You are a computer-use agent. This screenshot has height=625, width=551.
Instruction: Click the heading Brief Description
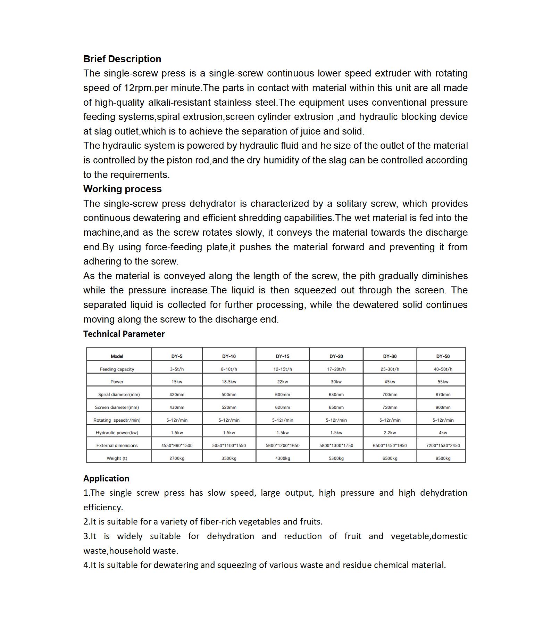click(122, 59)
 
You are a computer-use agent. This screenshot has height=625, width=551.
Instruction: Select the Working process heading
click(123, 189)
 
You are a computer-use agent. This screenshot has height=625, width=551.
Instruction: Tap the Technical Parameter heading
click(124, 334)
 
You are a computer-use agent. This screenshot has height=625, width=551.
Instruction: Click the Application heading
click(106, 479)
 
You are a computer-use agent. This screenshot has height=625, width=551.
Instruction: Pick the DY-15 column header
click(283, 356)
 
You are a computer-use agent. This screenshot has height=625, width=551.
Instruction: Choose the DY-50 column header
click(443, 356)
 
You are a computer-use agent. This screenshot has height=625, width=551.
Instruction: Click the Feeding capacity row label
click(117, 369)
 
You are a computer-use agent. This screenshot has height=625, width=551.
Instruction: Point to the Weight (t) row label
click(117, 458)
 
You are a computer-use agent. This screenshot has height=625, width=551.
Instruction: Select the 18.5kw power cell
click(229, 382)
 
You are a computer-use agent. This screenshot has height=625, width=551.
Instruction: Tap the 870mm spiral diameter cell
click(443, 395)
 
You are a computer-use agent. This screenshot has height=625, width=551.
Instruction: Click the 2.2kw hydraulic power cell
click(390, 433)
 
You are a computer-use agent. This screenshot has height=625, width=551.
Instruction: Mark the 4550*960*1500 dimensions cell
click(177, 445)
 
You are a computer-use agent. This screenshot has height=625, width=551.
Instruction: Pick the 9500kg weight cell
click(443, 458)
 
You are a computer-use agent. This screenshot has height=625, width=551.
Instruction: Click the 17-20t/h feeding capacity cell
click(336, 369)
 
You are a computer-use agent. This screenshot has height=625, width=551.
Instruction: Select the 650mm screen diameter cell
click(336, 407)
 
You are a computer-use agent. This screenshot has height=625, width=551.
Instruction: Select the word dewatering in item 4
click(175, 565)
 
